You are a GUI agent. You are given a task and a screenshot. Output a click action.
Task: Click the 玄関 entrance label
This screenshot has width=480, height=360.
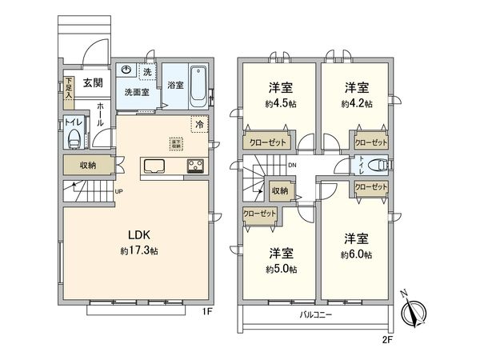coord(90,82)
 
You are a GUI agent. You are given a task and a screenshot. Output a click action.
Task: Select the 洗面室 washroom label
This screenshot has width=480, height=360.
coord(137,92)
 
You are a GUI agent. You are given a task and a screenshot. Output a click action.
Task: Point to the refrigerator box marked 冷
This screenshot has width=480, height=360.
coord(198,124)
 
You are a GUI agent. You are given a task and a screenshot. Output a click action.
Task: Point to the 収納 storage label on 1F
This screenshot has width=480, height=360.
coord(88,166)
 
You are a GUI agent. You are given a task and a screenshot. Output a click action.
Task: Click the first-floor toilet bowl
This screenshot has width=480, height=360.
coord(74,138)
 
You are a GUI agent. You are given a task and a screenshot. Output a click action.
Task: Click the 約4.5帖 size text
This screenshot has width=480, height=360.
coord(278,103)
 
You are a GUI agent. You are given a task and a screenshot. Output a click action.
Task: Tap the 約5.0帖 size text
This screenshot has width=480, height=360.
coord(282,270)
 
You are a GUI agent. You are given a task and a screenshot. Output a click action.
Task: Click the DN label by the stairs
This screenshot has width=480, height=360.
coord(292,166)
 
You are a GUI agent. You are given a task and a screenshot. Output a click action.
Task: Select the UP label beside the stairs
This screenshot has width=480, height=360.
coord(118,192)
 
